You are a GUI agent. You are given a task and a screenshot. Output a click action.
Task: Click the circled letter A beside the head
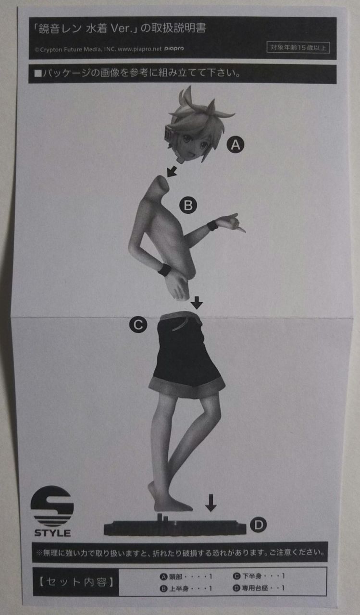236,145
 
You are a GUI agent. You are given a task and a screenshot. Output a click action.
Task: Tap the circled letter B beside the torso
188,205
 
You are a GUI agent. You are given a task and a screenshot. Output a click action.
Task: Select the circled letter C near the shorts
138,325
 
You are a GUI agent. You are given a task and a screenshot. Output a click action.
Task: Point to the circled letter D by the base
259,525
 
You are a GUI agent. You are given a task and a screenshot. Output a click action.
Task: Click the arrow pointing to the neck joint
172,172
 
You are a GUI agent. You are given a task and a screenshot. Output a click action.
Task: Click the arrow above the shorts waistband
197,303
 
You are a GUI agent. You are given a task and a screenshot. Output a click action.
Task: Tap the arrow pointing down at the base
211,503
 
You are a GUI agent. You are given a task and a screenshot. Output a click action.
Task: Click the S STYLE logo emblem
52,512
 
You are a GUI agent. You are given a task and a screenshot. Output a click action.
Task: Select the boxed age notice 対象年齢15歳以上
298,48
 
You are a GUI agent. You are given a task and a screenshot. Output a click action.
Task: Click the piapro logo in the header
174,49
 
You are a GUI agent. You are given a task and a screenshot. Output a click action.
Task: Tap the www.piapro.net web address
140,49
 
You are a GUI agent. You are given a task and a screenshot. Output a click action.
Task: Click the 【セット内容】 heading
76,581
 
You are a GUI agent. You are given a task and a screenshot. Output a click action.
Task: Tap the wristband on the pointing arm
212,226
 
